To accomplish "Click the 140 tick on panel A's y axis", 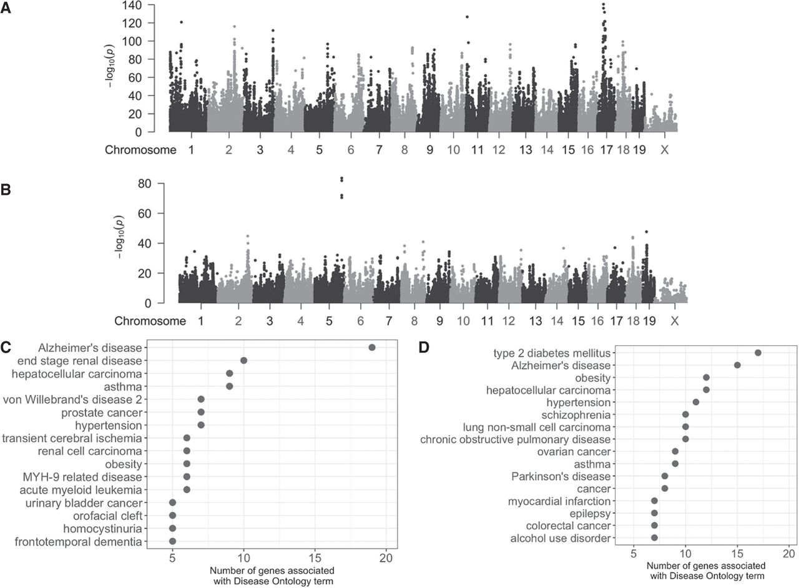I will click(137, 5).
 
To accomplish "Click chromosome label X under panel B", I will click(674, 321).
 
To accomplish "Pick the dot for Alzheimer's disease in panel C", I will click(372, 348).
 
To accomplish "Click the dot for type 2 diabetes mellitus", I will click(758, 353).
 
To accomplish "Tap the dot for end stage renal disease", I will click(243, 360).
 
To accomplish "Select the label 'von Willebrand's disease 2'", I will click(72, 399).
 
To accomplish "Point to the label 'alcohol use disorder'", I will click(561, 538).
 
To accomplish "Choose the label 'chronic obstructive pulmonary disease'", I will click(514, 439).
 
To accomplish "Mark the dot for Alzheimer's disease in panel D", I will click(737, 365).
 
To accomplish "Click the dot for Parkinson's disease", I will click(665, 476).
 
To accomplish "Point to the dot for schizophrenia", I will click(685, 414).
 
